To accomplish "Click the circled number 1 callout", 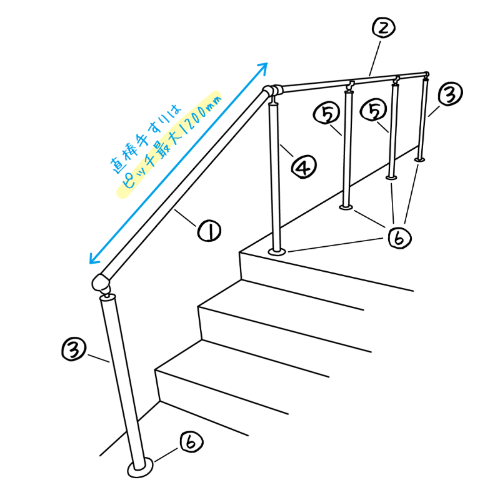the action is pos(209,231).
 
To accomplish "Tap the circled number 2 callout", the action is pos(384,28).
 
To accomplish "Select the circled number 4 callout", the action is pos(304,166).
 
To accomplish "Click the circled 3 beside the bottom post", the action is pos(74,349).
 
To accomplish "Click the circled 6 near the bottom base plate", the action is pos(191,442).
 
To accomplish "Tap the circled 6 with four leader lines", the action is pos(400,237).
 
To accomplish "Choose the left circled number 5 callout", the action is pos(326,113).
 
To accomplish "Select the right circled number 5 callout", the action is pos(373,110).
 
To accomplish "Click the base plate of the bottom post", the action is pos(140,467).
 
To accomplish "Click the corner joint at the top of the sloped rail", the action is pos(271,91).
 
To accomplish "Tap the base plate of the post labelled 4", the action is pos(277,252).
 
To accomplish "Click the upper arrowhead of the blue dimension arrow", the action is pos(263,67).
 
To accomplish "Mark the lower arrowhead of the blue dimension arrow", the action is pos(93,259).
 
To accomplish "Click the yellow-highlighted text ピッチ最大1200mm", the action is pos(169,144).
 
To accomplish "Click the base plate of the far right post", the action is pos(419,159).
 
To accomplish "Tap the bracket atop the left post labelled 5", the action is pos(351,86).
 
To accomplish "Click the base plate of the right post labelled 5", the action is pos(392,177).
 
